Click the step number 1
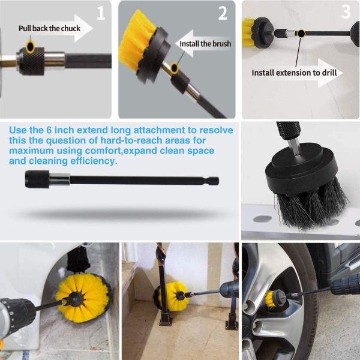click(x=100, y=13)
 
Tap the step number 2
click(x=223, y=13)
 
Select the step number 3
click(x=346, y=11)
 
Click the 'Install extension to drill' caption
click(x=294, y=73)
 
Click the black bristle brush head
click(x=307, y=192)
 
